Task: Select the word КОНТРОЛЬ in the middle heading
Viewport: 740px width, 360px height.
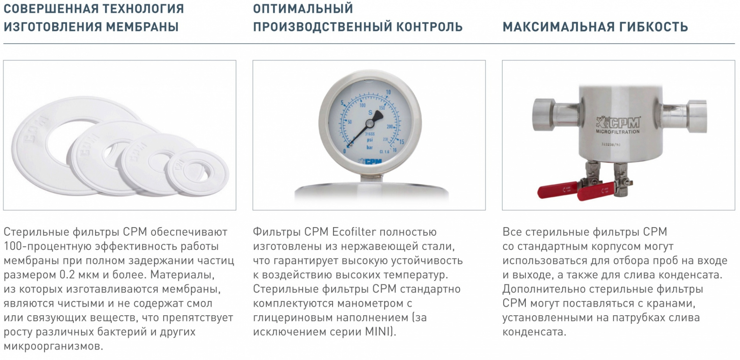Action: pyautogui.click(x=429, y=27)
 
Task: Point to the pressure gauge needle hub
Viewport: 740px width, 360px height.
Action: pyautogui.click(x=369, y=123)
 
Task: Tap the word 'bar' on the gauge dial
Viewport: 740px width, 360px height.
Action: pyautogui.click(x=370, y=147)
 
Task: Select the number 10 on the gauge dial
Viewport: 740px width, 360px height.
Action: pyautogui.click(x=388, y=92)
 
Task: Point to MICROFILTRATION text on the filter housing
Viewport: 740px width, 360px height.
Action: pyautogui.click(x=618, y=132)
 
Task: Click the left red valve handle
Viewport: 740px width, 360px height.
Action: pyautogui.click(x=556, y=191)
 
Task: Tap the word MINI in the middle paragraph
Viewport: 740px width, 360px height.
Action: pyautogui.click(x=377, y=332)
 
